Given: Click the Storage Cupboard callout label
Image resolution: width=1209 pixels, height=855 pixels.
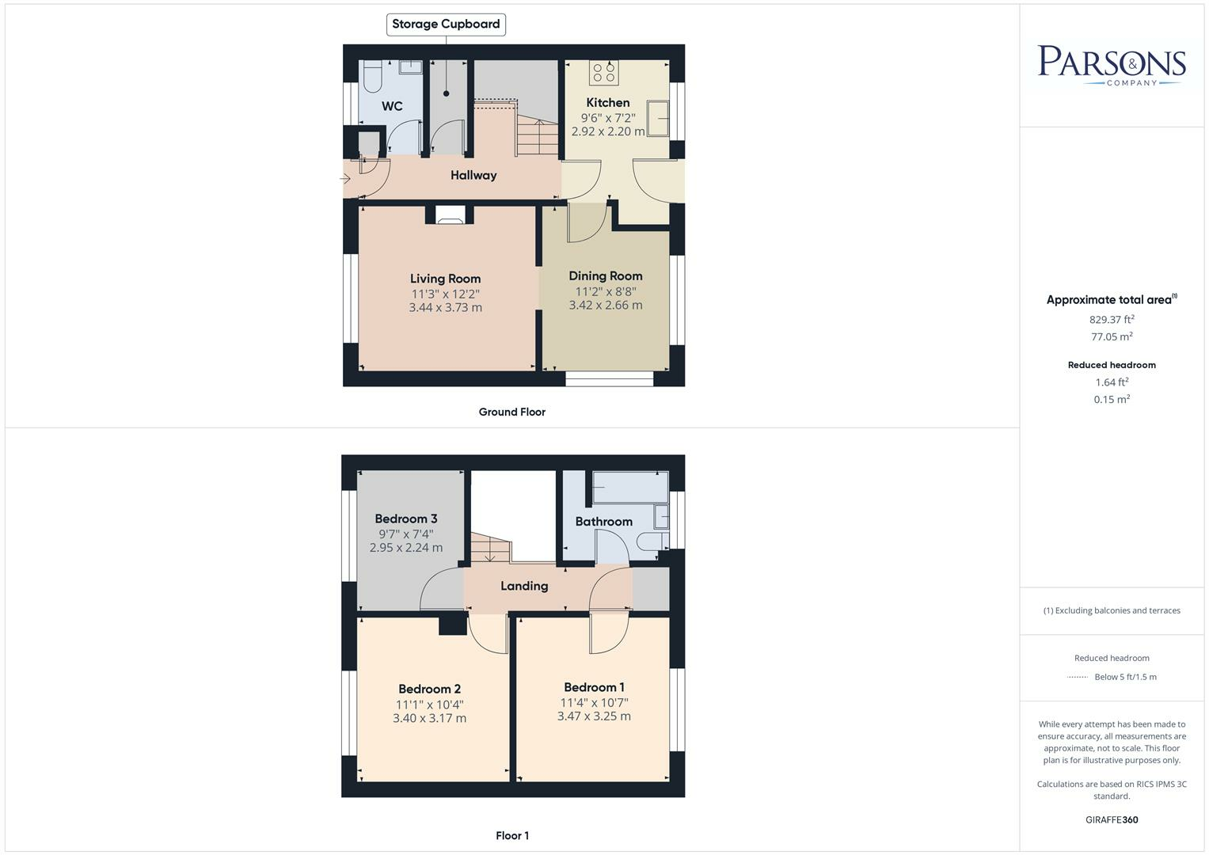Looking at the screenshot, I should click(446, 25).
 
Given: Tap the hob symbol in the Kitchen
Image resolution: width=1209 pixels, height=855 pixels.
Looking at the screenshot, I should click(604, 73).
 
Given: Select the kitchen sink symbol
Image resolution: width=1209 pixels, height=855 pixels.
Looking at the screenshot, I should click(658, 118).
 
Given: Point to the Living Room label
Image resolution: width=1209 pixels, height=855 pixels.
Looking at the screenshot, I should click(445, 279).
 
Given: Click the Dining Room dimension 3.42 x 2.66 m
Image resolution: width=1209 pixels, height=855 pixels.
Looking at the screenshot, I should click(606, 305).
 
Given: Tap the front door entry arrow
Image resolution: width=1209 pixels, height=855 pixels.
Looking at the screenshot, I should click(345, 179).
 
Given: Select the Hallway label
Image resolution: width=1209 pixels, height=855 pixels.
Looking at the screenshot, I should click(473, 175).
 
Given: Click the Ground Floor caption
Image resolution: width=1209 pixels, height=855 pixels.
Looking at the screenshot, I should click(511, 412).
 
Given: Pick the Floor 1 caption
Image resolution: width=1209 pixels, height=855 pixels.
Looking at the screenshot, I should click(512, 835).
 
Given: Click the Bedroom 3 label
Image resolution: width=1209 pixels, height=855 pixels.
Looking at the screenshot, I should click(406, 519).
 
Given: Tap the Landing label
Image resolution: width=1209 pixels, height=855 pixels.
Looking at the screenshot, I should click(524, 586).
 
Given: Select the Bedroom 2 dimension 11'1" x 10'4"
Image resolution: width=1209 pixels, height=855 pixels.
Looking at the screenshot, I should click(430, 704).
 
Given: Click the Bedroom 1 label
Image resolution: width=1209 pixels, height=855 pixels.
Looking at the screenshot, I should click(594, 687).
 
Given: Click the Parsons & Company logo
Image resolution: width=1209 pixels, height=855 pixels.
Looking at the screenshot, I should click(1112, 65).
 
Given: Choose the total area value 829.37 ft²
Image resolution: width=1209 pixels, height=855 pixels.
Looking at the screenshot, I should click(1112, 320).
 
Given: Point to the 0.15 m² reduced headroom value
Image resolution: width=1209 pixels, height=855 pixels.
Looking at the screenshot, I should click(1112, 400).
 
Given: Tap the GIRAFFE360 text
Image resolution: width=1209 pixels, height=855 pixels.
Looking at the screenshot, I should click(1112, 820).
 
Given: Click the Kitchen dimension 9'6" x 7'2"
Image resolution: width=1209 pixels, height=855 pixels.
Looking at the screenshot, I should click(608, 117).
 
